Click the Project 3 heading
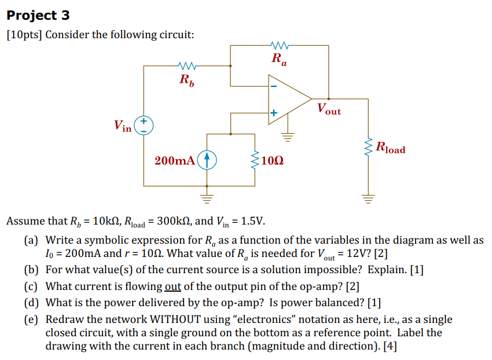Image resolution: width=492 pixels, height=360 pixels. pyautogui.click(x=38, y=16)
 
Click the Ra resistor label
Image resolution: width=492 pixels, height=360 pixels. pyautogui.click(x=278, y=58)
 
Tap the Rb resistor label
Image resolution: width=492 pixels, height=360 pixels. pyautogui.click(x=187, y=80)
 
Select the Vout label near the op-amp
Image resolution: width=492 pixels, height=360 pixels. pyautogui.click(x=329, y=109)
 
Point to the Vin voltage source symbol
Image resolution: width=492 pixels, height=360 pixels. pyautogui.click(x=144, y=126)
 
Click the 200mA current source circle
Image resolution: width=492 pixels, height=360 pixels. pyautogui.click(x=207, y=160)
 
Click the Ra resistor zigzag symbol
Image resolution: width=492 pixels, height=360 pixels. pyautogui.click(x=279, y=43)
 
